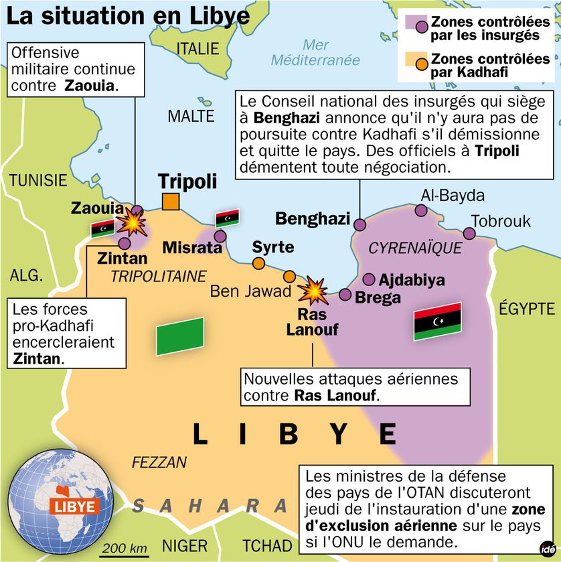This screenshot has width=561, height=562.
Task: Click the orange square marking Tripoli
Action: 171,201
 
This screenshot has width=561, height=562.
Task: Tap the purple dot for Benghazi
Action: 360,224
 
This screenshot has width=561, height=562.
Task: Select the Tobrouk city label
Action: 501,220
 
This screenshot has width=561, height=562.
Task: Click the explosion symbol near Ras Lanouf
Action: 312,290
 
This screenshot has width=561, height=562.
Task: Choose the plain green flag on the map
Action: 180,336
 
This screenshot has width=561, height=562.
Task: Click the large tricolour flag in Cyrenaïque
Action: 438,320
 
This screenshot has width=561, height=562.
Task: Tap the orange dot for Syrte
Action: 258,263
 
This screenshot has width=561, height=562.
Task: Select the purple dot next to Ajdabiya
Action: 369,279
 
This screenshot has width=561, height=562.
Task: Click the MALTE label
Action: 191,115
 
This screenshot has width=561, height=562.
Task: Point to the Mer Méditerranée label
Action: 315,52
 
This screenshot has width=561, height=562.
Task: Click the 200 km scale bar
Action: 125,550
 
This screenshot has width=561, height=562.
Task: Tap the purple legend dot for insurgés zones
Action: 422,27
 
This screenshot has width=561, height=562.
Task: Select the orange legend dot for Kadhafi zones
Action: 422,64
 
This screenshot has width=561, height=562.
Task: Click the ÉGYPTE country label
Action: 528,308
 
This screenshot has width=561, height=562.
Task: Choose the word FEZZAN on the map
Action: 159,462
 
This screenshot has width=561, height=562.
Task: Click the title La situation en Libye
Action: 127,16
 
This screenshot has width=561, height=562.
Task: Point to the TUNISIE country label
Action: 38,180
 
